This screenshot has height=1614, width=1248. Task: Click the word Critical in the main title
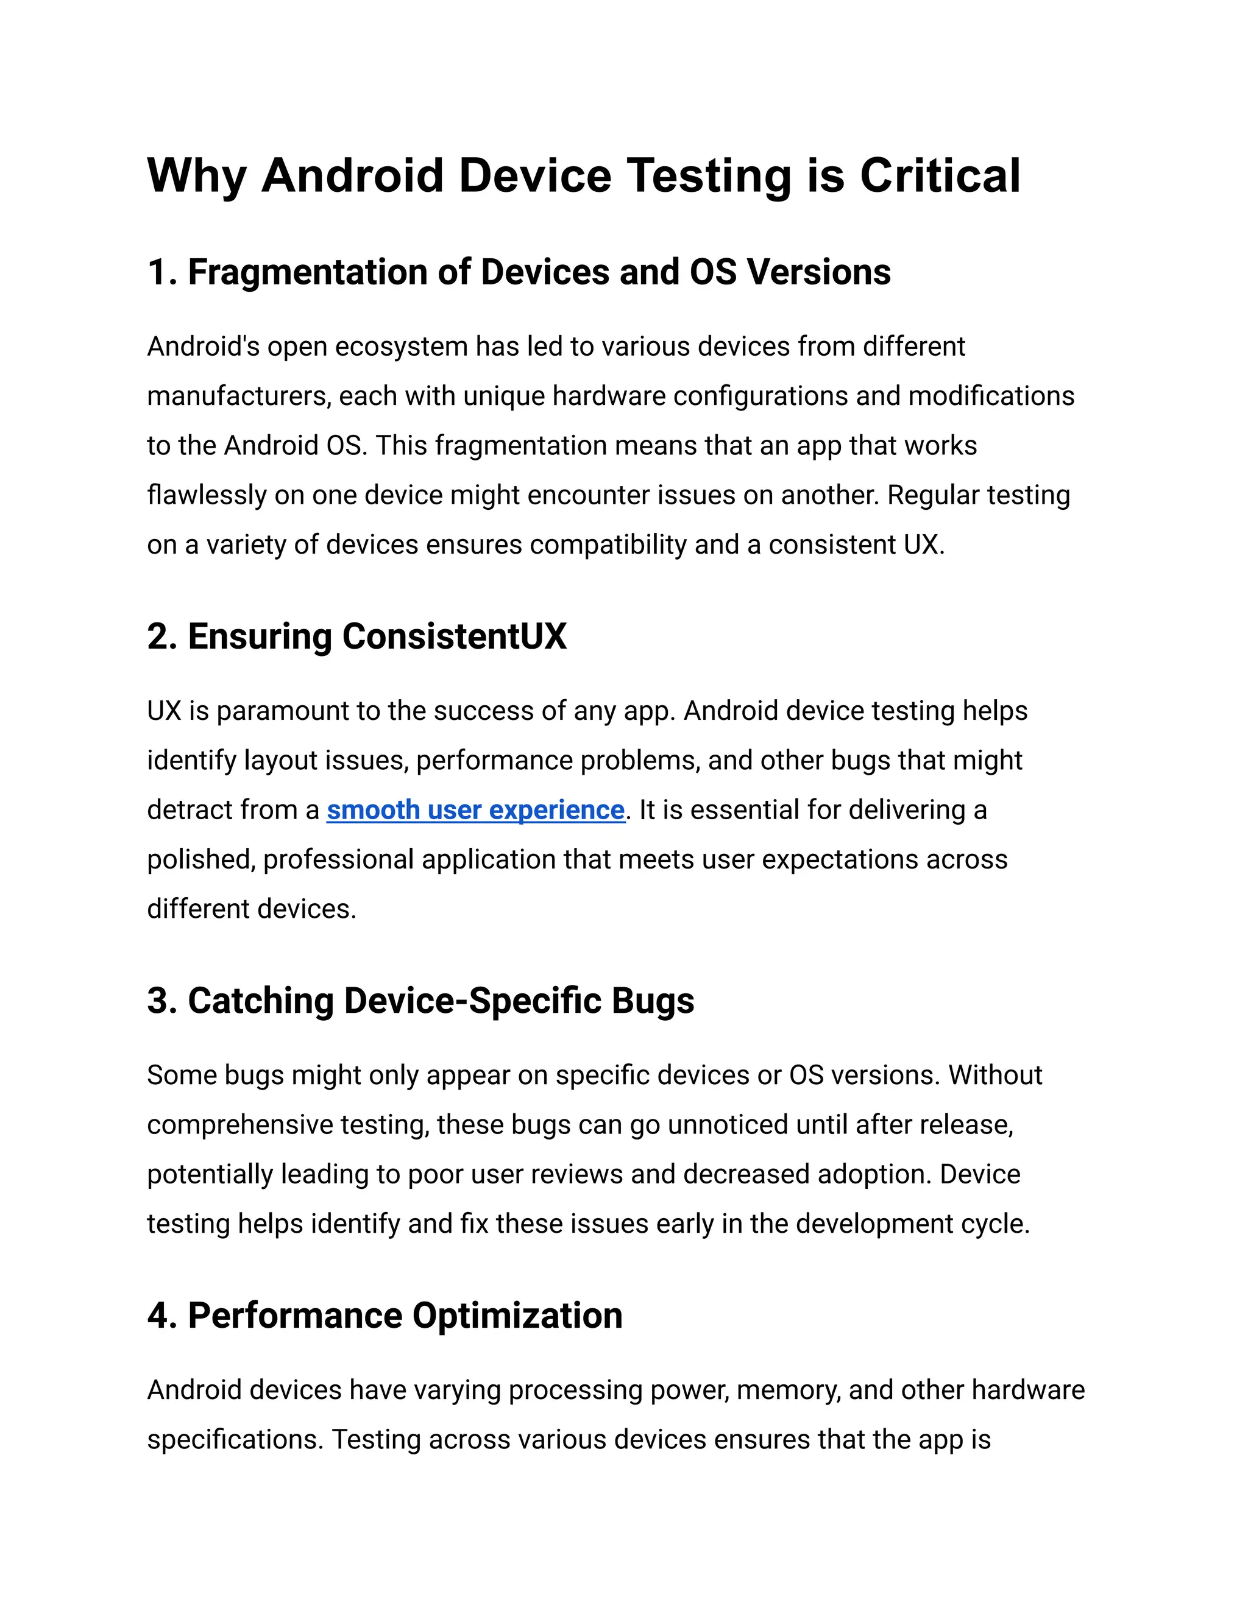point(940,176)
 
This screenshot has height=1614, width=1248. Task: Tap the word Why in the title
point(196,176)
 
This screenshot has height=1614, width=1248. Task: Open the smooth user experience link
point(475,810)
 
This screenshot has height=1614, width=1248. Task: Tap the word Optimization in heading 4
point(517,1316)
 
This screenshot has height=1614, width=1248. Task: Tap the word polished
point(200,859)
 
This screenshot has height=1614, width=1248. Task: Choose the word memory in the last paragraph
point(788,1390)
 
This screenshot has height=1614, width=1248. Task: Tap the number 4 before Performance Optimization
point(157,1316)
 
